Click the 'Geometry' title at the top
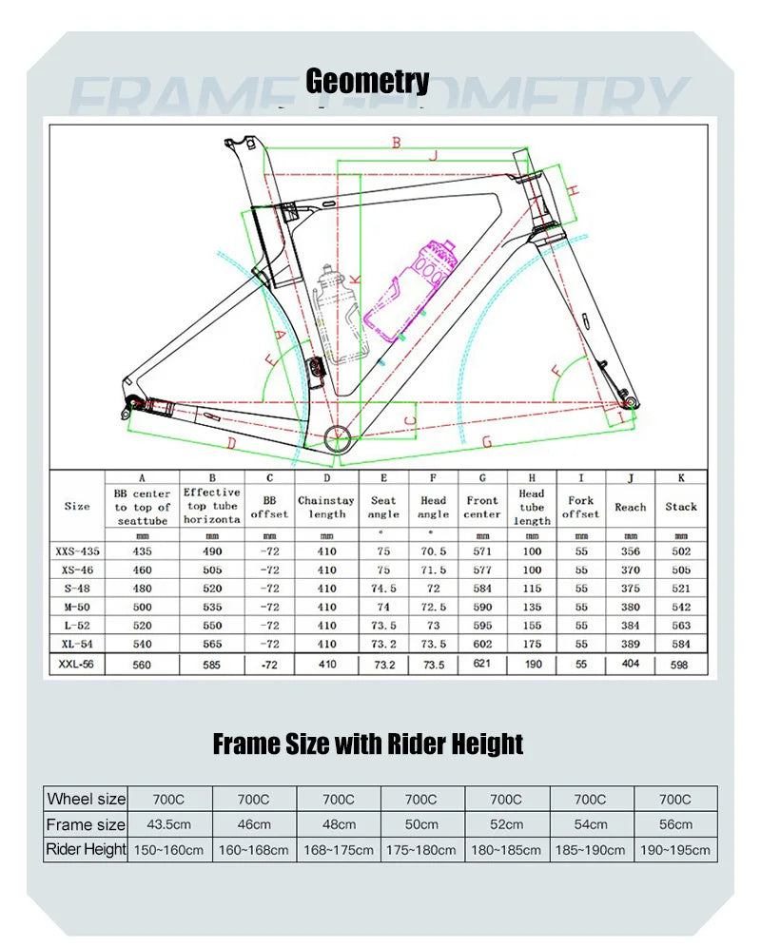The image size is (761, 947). click(367, 82)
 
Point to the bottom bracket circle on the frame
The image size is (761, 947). click(337, 437)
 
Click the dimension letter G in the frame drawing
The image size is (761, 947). click(486, 441)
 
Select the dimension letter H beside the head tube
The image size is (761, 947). click(575, 190)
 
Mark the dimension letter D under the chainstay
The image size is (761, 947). click(231, 442)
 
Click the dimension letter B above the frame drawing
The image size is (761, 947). click(396, 143)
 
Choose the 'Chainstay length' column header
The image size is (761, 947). click(326, 507)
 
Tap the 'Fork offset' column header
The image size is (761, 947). click(580, 507)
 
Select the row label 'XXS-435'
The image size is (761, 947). click(77, 551)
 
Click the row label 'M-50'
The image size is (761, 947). click(77, 607)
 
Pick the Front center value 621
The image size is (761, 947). click(482, 664)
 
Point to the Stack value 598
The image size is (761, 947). click(681, 664)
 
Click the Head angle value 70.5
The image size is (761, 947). click(433, 551)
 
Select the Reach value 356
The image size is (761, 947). click(630, 551)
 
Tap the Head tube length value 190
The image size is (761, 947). click(532, 664)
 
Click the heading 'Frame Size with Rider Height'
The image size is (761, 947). click(367, 744)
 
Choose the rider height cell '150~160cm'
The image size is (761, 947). click(169, 850)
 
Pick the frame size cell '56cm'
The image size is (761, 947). click(675, 824)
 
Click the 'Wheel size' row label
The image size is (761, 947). click(86, 799)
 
